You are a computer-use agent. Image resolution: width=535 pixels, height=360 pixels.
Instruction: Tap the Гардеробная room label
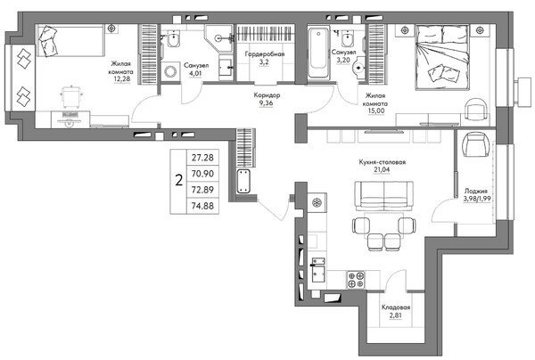tap(265, 54)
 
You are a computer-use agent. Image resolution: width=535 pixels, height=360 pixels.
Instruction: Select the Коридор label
tap(267, 95)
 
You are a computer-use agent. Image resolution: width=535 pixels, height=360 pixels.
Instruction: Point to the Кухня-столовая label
tap(383, 162)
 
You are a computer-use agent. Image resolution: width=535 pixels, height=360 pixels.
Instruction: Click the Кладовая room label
tap(396, 307)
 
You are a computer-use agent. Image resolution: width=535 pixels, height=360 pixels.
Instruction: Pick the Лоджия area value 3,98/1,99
tap(477, 199)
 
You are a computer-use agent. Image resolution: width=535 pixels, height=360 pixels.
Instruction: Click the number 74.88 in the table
tap(202, 206)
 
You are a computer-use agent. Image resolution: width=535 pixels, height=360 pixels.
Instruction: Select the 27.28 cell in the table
tap(202, 158)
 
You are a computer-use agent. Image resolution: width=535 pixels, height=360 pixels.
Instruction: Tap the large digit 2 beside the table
tap(179, 180)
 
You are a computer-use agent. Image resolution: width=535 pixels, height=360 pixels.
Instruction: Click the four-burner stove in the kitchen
tap(356, 280)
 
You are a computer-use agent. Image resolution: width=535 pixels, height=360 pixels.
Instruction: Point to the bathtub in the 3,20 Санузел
tap(319, 53)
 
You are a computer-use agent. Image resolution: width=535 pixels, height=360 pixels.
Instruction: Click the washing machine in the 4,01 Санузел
tap(170, 71)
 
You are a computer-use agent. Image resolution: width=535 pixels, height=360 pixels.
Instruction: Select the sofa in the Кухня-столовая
tap(383, 196)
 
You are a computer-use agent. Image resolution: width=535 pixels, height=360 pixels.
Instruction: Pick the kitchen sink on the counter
tap(318, 270)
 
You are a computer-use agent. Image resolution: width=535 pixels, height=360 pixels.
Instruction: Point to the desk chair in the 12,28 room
tap(70, 97)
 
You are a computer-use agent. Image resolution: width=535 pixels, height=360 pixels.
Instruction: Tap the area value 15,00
tap(376, 110)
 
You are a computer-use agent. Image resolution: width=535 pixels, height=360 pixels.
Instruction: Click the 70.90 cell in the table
tap(202, 174)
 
